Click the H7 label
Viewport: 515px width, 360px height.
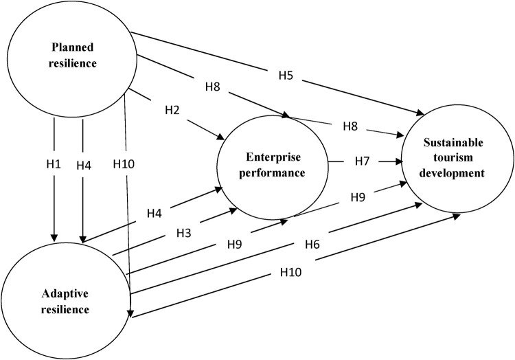(364, 161)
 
